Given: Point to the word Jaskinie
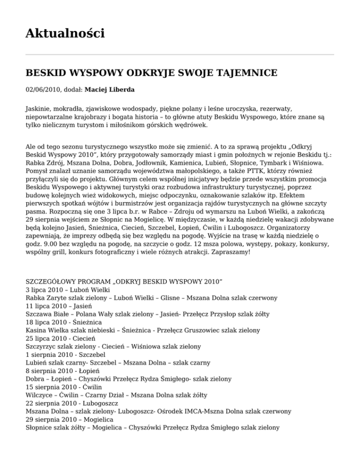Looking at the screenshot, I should [x=38, y=108].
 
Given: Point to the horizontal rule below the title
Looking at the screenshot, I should [x=180, y=55].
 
